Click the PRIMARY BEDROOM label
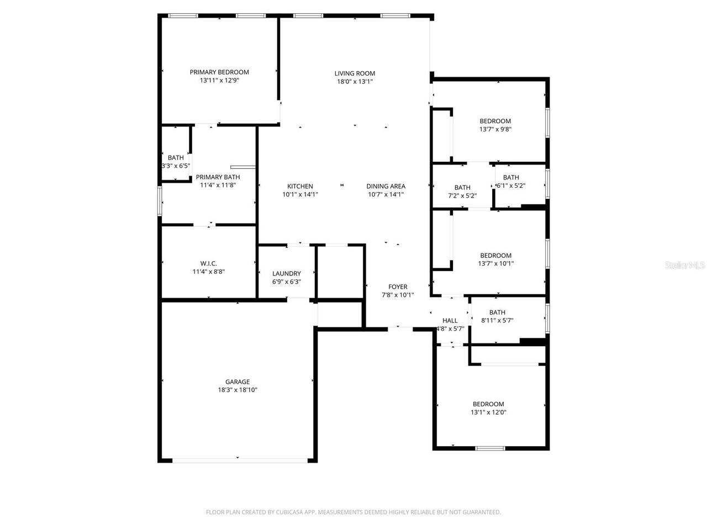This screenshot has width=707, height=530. pyautogui.click(x=219, y=72)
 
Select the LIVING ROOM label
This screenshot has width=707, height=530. pyautogui.click(x=355, y=73)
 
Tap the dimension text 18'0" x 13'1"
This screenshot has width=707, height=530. pyautogui.click(x=355, y=81)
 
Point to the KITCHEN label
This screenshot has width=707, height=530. pyautogui.click(x=300, y=186)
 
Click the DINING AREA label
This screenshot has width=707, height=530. pyautogui.click(x=386, y=186)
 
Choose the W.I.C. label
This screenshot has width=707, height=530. pyautogui.click(x=208, y=263)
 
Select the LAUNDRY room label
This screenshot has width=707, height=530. pyautogui.click(x=287, y=273)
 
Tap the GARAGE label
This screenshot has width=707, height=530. pyautogui.click(x=238, y=381)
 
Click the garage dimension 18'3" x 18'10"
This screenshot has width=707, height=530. pyautogui.click(x=238, y=390)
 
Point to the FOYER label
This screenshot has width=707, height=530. pyautogui.click(x=398, y=287)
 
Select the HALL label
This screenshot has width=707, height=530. pyautogui.click(x=450, y=320)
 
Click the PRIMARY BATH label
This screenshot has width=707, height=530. pyautogui.click(x=218, y=177)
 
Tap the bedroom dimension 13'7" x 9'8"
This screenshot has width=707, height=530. pyautogui.click(x=495, y=129)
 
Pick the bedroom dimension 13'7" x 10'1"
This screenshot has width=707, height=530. pyautogui.click(x=495, y=263)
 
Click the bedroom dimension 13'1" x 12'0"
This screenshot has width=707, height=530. pyautogui.click(x=488, y=412)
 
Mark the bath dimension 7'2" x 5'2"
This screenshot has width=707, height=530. pyautogui.click(x=462, y=195)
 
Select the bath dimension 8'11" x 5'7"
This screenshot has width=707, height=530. pyautogui.click(x=497, y=320)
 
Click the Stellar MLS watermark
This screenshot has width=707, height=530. pyautogui.click(x=685, y=266)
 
